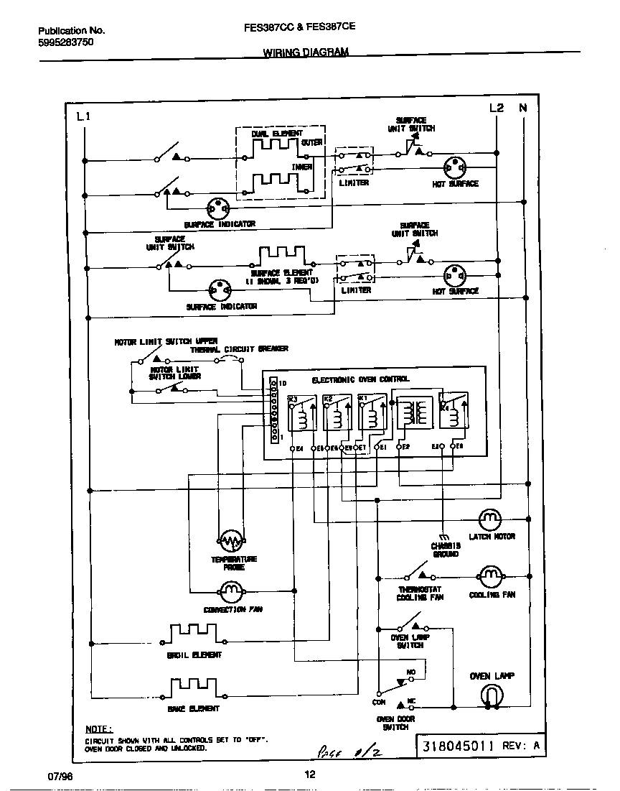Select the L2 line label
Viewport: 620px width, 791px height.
coord(497,108)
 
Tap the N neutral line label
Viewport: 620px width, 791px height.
coord(523,108)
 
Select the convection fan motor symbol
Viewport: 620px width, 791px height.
coord(231,591)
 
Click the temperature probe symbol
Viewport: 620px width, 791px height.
coord(231,540)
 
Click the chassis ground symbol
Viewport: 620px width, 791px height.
coord(443,537)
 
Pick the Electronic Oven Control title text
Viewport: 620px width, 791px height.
coord(360,379)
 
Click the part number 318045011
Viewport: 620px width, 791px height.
coord(459,746)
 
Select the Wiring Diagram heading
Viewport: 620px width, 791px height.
coord(305,52)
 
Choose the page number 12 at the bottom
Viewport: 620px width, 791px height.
coord(309,774)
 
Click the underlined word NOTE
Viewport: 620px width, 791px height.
coord(98,728)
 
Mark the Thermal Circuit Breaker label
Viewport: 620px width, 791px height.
coord(239,348)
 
